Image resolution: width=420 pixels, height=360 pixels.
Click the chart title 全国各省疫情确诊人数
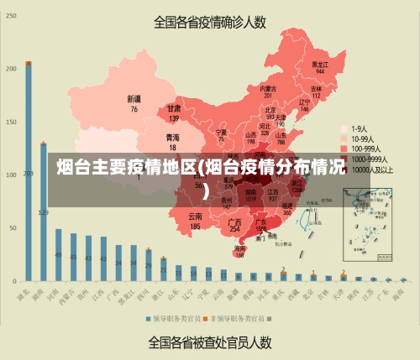click(x=210, y=22)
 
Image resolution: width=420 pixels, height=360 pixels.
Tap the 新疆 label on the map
click(x=134, y=99)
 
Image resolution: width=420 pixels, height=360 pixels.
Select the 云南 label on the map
click(x=195, y=217)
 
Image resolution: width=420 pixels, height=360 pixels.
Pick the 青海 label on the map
click(x=172, y=136)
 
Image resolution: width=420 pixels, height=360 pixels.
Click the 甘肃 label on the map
click(x=174, y=108)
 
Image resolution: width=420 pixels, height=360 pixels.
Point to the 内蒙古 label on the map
click(x=268, y=88)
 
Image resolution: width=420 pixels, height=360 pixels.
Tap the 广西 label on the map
click(x=235, y=221)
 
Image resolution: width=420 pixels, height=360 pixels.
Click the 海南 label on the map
click(x=240, y=249)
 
